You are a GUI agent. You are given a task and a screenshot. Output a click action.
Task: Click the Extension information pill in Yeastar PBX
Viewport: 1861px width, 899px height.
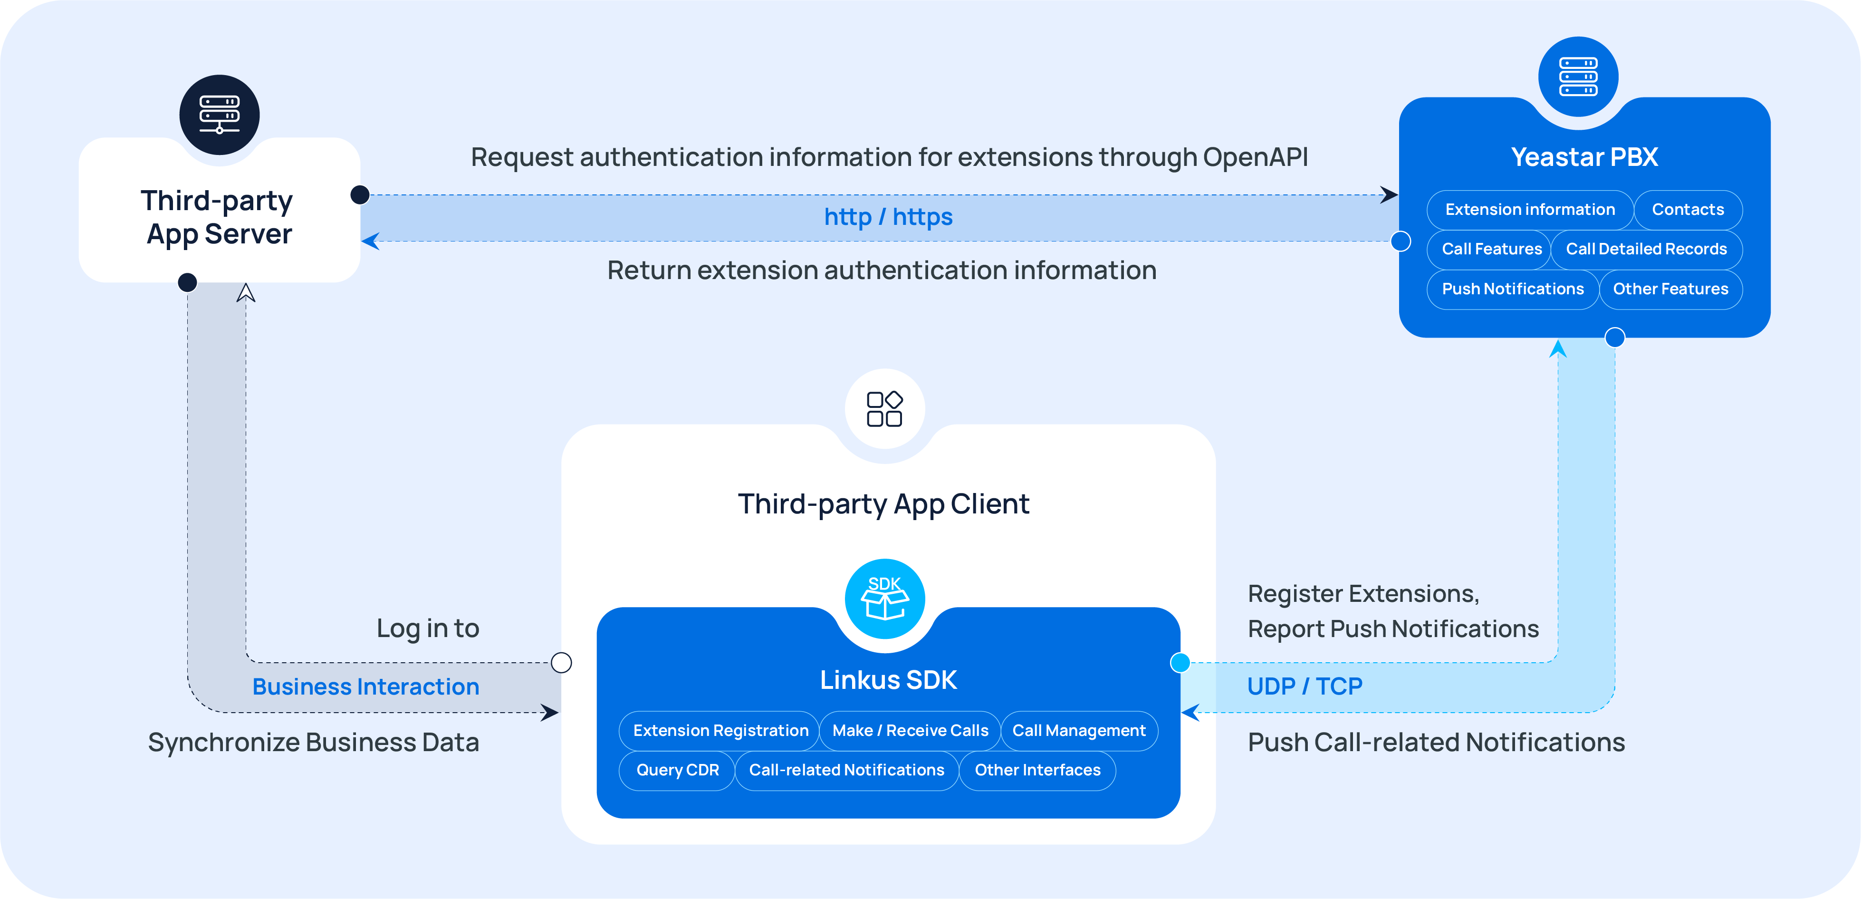point(1529,210)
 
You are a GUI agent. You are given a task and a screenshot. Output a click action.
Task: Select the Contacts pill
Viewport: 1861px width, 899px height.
point(1688,210)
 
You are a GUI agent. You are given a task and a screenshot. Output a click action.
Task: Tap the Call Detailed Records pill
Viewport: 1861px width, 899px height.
point(1646,249)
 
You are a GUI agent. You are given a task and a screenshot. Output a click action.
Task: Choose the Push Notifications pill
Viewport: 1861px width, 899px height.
point(1512,289)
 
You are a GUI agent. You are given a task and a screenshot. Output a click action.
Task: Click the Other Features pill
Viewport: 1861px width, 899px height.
point(1670,289)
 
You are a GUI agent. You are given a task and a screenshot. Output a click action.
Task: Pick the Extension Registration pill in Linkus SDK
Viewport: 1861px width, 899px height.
point(720,731)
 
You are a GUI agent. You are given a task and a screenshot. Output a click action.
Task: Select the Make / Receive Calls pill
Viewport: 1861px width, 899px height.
point(910,731)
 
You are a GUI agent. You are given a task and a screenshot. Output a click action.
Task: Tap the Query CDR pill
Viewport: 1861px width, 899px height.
point(677,770)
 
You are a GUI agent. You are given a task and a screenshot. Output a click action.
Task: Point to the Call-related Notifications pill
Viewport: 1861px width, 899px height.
point(846,770)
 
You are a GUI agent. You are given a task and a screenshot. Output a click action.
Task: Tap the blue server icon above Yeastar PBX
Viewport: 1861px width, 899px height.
point(1578,77)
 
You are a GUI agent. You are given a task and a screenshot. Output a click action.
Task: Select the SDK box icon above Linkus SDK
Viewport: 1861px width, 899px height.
point(885,599)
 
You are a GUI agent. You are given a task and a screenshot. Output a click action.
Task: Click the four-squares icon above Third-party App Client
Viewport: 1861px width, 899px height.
point(884,409)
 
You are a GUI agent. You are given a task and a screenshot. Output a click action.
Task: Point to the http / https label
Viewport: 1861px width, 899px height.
point(888,217)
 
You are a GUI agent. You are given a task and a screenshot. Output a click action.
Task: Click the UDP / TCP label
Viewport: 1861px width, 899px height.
point(1304,686)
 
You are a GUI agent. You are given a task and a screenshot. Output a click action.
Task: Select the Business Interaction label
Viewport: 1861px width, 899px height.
point(365,686)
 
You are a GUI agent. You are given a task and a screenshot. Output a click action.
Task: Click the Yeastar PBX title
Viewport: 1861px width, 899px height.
point(1584,157)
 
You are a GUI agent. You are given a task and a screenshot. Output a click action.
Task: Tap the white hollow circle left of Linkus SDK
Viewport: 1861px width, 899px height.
point(561,663)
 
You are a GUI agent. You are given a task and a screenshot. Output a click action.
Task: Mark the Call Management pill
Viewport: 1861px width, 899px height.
point(1079,731)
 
